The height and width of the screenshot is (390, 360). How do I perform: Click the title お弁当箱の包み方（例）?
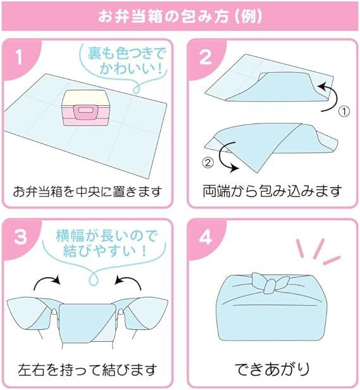pos(180,15)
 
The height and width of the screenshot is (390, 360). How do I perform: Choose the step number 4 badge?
pos(204,237)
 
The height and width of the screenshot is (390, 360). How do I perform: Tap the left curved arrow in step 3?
pos(47,282)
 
